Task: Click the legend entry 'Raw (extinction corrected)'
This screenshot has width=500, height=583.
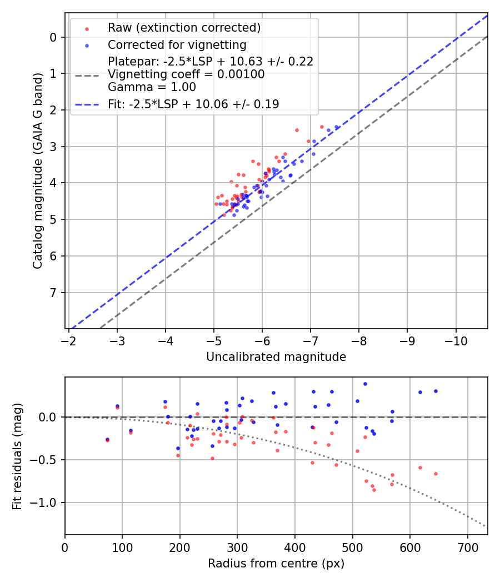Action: click(x=184, y=28)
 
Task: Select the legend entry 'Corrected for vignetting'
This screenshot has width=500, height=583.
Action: click(x=177, y=44)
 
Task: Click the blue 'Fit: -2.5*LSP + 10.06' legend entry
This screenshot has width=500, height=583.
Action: click(x=193, y=104)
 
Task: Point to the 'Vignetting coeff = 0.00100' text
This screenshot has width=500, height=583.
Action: click(x=186, y=74)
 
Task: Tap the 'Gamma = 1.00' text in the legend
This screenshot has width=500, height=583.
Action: click(x=152, y=87)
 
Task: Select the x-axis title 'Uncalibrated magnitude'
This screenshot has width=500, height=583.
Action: click(x=276, y=357)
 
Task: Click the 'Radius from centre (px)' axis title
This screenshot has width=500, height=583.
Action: click(x=276, y=564)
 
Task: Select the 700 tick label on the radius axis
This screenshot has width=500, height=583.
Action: click(x=467, y=547)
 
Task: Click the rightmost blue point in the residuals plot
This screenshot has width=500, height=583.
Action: click(x=436, y=391)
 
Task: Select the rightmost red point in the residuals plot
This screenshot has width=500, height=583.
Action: click(x=436, y=474)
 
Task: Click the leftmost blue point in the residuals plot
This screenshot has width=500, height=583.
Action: click(x=107, y=439)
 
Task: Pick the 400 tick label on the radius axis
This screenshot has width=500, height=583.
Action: click(x=295, y=547)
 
